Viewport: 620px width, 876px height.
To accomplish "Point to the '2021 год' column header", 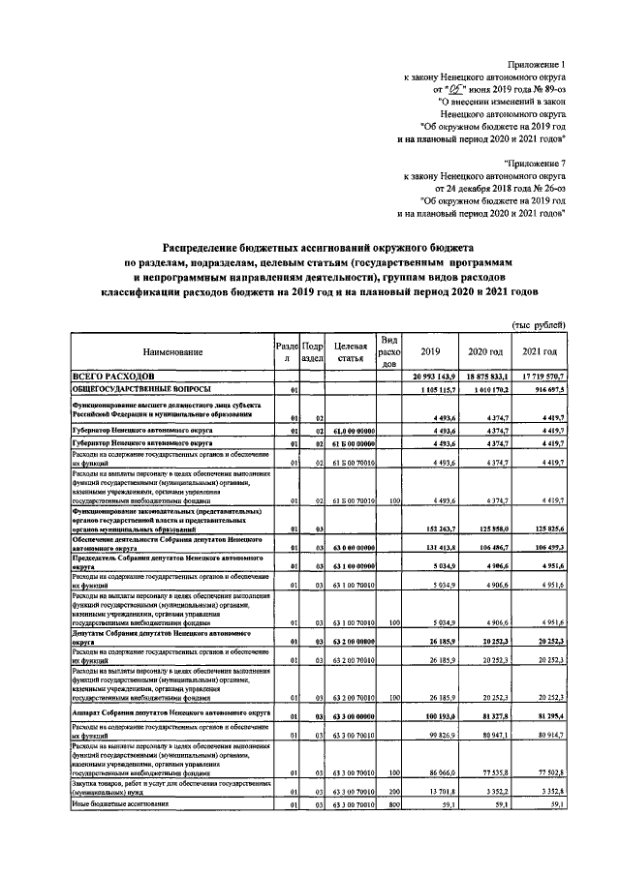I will (540, 352).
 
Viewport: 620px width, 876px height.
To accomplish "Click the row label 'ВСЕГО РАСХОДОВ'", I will (115, 376).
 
